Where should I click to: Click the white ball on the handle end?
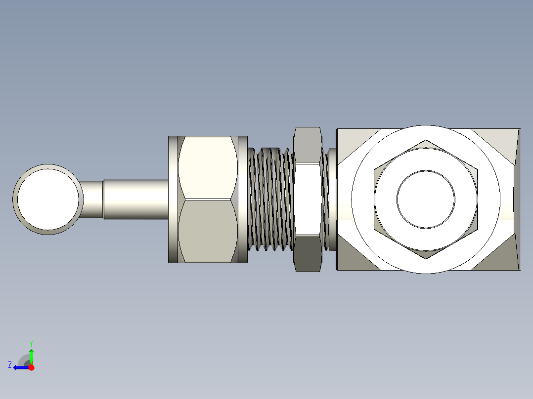point(48,199)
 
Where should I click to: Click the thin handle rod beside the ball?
point(92,199)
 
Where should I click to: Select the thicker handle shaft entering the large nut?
point(136,199)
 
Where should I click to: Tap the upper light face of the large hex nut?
point(208,167)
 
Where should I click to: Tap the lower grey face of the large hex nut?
point(208,231)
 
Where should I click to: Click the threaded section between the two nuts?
point(271,199)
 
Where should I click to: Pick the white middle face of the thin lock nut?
point(308,199)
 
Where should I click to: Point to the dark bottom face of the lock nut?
point(308,254)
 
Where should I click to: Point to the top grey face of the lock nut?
point(308,145)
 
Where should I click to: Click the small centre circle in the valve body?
point(426,199)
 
